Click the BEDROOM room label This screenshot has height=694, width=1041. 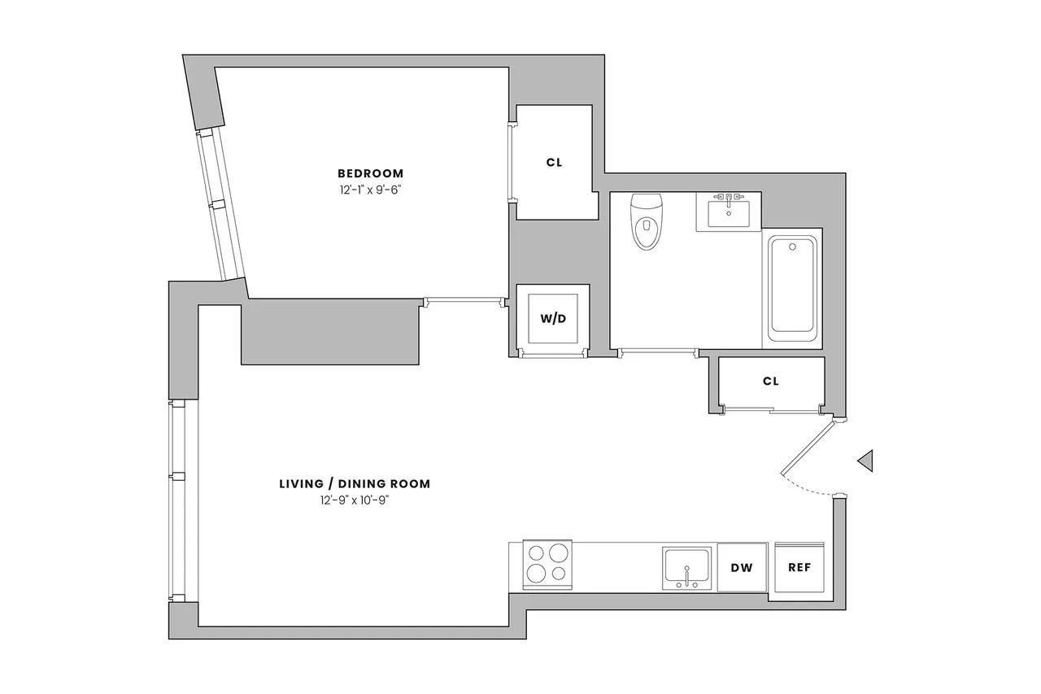(371, 173)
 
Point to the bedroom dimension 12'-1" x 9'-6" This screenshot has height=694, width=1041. (371, 189)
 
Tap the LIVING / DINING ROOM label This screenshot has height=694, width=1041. (355, 484)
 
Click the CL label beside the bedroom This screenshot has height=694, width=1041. (554, 162)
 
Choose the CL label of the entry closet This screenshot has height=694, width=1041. (771, 381)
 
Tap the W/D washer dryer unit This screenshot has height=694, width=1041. (553, 317)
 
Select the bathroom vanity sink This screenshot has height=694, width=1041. (729, 213)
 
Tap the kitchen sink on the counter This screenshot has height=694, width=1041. (686, 566)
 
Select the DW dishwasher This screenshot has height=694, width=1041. (742, 567)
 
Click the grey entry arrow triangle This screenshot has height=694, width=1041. (866, 460)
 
